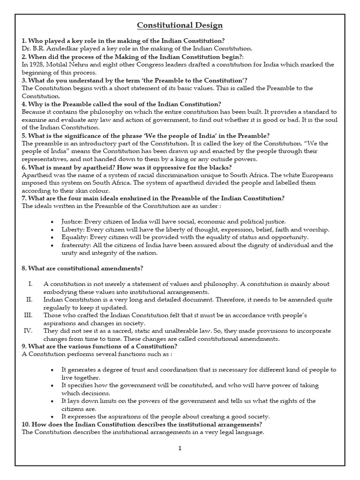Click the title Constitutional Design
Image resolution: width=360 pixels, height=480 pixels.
click(x=173, y=25)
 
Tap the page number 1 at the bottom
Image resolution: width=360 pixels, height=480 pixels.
click(x=180, y=448)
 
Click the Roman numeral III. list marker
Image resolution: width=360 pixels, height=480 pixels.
click(x=28, y=315)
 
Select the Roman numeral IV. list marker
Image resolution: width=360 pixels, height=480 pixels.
click(x=28, y=330)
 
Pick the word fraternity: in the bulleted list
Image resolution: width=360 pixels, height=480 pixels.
click(x=76, y=245)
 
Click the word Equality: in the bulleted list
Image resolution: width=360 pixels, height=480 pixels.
click(x=75, y=238)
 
